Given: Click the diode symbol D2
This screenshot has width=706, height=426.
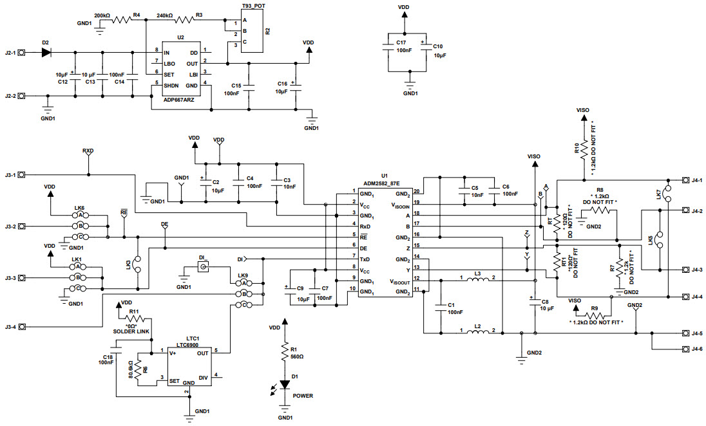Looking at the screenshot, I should [46, 52].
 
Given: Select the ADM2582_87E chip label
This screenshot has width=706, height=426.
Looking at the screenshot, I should [381, 183].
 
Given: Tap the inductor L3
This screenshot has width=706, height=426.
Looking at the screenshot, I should [477, 280].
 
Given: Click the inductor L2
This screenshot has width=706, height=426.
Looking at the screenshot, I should [477, 333].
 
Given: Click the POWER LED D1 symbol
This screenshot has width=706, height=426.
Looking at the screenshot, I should [285, 384].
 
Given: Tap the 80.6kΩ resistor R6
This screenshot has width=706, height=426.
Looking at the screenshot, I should [137, 369].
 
